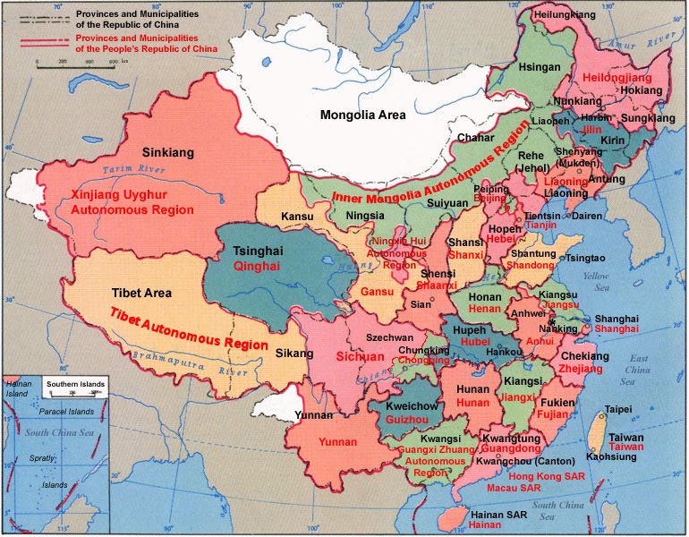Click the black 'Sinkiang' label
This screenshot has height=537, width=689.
(168, 153)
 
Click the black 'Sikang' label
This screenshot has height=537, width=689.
(288, 353)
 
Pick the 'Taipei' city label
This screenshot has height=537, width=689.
(619, 409)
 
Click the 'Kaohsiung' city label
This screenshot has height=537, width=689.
(611, 456)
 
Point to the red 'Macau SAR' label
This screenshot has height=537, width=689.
(514, 490)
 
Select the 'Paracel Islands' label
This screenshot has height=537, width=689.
(66, 412)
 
